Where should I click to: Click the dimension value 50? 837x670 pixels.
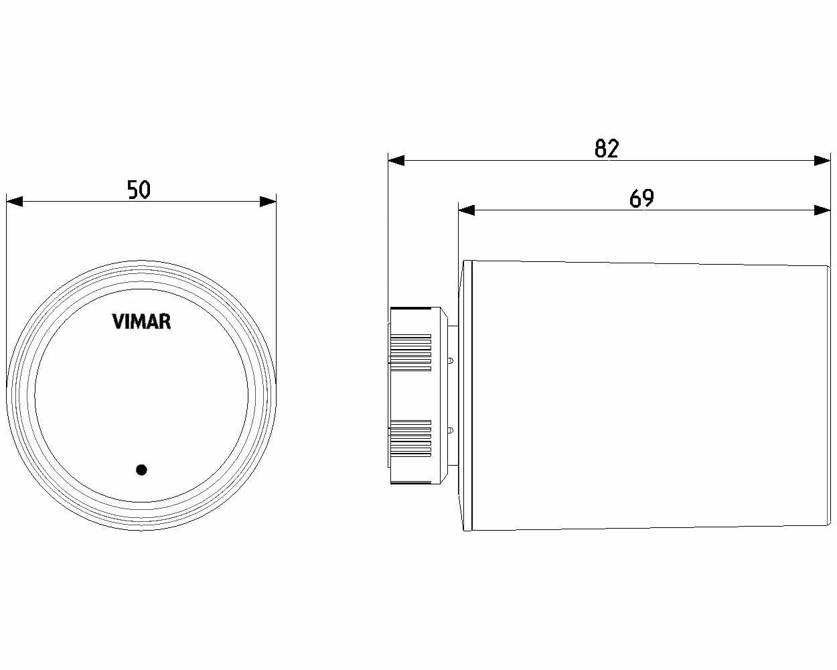pos(139,190)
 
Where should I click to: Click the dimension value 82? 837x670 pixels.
pos(607,148)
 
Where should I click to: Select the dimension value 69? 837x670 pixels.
pos(641,198)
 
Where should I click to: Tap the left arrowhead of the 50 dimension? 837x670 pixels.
pos(14,201)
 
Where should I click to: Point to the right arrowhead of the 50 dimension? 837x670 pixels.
pos(268,201)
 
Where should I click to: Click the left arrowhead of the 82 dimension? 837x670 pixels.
pos(396,160)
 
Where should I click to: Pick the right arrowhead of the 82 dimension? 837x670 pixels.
pos(822,160)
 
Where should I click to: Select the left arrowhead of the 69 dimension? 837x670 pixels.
pos(466,210)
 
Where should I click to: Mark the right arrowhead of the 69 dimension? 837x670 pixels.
pos(822,210)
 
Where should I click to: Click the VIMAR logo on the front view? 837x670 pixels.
pos(141,322)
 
